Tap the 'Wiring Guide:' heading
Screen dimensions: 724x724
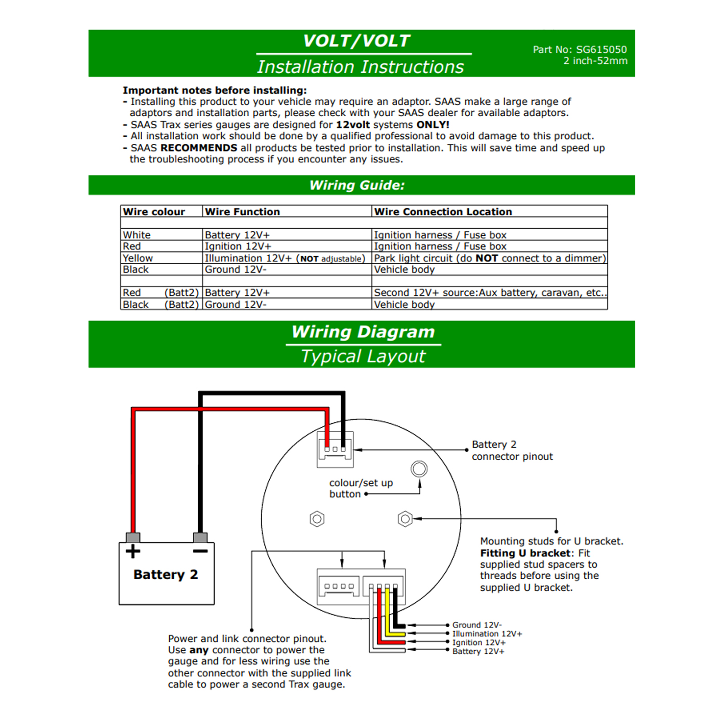[x=357, y=185]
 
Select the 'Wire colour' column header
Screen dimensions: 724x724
[x=154, y=212]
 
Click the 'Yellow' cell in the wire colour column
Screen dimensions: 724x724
[x=138, y=258]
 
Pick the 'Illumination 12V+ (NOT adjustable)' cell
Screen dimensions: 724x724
[x=285, y=258]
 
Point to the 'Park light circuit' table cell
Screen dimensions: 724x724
[x=489, y=258]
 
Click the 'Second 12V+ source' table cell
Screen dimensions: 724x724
[x=489, y=293]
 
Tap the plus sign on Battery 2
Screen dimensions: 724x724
[x=133, y=551]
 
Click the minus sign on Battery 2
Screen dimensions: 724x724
[x=200, y=551]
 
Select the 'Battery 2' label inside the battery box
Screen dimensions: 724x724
[x=166, y=575]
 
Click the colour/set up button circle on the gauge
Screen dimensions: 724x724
[x=419, y=469]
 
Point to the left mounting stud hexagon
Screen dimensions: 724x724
[x=317, y=519]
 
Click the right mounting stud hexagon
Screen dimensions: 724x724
[x=405, y=519]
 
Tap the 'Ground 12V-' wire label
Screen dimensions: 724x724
[x=477, y=625]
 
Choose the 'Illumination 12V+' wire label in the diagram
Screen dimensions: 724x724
[x=487, y=634]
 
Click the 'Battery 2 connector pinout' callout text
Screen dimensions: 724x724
[x=512, y=450]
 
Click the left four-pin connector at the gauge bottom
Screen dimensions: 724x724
[x=339, y=586]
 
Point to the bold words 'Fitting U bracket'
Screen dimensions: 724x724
[x=525, y=553]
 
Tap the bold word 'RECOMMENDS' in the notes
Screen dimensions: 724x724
[x=199, y=148]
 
